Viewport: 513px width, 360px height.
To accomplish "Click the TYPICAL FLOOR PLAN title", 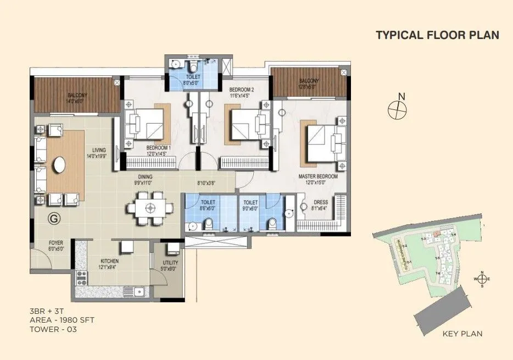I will [437, 35].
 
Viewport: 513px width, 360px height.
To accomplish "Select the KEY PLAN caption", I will [462, 334].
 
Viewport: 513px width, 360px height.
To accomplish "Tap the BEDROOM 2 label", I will [241, 89].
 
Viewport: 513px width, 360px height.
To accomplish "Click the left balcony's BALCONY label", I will [76, 95].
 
